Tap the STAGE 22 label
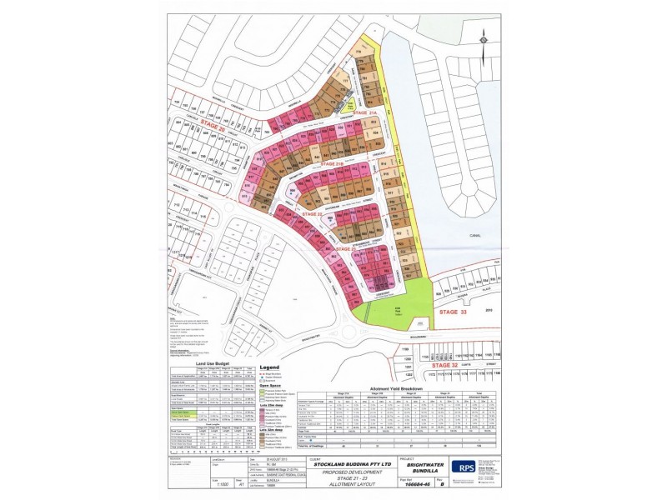[x=313, y=213]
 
